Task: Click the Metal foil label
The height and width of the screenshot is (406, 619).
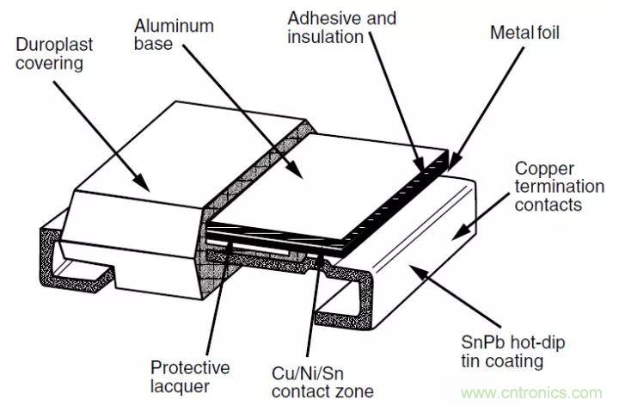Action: tap(525, 32)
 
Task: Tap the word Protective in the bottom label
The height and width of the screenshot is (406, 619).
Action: tap(190, 368)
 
